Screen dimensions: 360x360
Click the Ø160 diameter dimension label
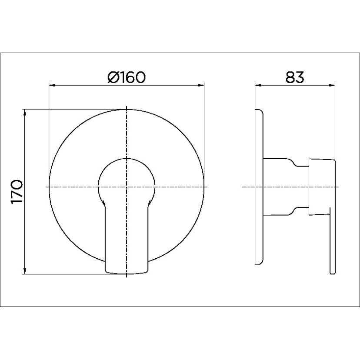click(126, 77)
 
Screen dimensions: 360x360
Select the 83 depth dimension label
click(294, 77)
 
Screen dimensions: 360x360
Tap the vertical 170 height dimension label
click(17, 192)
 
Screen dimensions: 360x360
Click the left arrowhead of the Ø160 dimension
click(52, 86)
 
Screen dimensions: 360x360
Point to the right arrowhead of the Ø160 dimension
click(201, 86)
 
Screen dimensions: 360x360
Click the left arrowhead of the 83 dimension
click(257, 86)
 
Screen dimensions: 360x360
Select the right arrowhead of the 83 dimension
click(333, 86)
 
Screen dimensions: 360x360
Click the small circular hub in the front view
click(126, 180)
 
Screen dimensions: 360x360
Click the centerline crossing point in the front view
click(126, 187)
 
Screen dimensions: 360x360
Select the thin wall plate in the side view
click(260, 187)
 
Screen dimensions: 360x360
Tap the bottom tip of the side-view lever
click(333, 273)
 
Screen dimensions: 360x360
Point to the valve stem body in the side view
click(285, 187)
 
